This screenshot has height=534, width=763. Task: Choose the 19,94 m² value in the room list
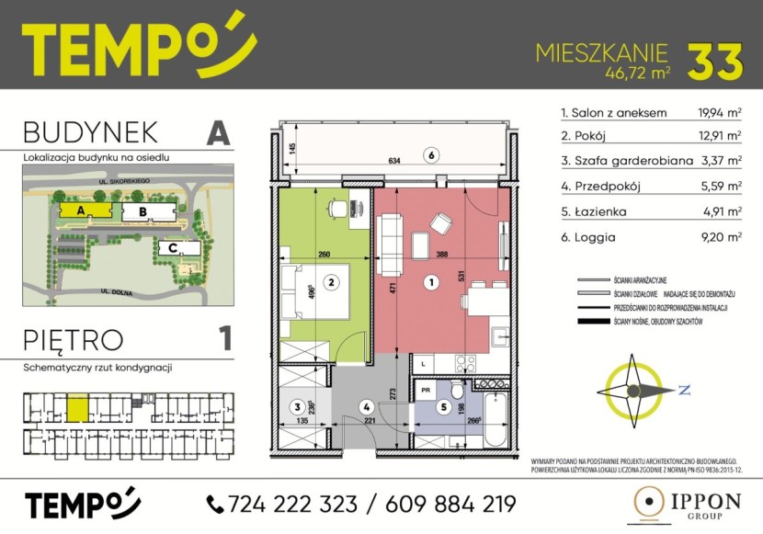pyautogui.click(x=720, y=113)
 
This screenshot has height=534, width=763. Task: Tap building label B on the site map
pyautogui.click(x=142, y=211)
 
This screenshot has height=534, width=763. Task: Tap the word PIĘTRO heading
pyautogui.click(x=74, y=339)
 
